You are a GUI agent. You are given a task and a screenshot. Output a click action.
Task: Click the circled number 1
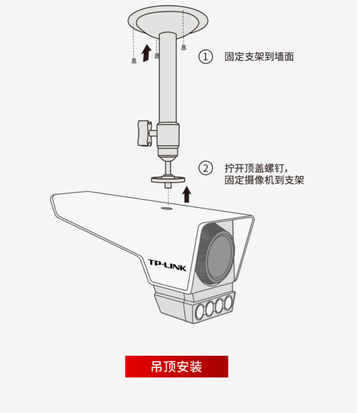click(x=206, y=57)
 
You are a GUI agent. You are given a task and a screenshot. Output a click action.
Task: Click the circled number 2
click(x=206, y=168)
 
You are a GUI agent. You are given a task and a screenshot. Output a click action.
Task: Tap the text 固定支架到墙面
click(x=259, y=57)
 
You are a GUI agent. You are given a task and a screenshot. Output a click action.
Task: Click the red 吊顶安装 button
click(x=176, y=366)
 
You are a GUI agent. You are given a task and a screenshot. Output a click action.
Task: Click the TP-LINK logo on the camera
click(x=167, y=265)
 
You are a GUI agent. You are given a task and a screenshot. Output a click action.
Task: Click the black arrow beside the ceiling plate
click(x=146, y=52)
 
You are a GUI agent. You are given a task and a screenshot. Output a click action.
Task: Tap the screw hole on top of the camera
click(x=167, y=209)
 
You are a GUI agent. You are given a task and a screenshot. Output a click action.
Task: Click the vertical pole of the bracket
click(x=168, y=78)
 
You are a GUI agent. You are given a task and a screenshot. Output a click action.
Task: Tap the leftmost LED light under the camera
click(x=200, y=312)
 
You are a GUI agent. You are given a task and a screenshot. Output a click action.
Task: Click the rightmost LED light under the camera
click(x=227, y=304)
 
